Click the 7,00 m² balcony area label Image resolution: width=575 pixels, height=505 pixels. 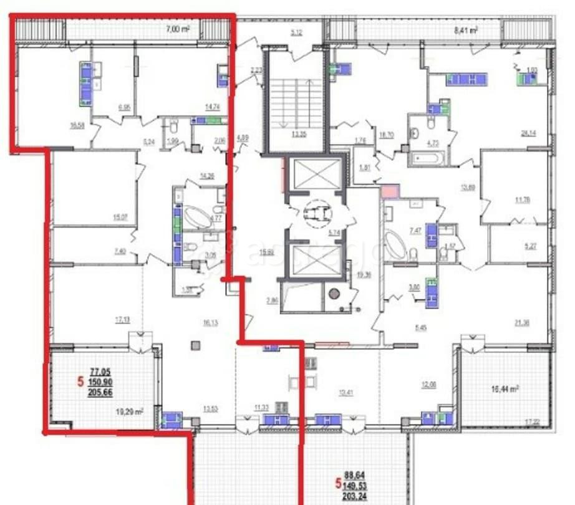point(177,28)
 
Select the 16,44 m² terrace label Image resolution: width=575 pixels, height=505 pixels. point(506,388)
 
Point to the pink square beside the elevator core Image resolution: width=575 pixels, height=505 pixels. point(389,192)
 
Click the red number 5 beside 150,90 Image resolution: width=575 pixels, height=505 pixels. point(80,381)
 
